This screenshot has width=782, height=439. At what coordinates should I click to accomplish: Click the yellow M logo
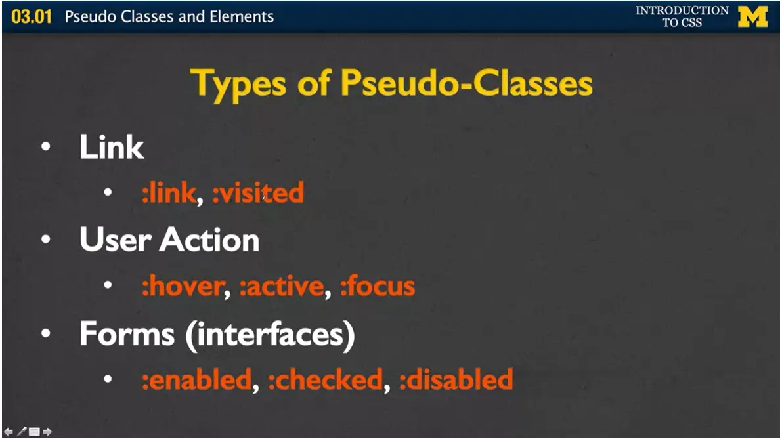pyautogui.click(x=752, y=16)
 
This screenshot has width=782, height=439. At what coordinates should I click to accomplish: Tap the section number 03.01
pyautogui.click(x=32, y=16)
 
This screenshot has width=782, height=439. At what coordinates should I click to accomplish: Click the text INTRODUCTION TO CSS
pyautogui.click(x=682, y=16)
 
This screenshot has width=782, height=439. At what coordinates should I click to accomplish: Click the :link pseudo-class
pyautogui.click(x=168, y=193)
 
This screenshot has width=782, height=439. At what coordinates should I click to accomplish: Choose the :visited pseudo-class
pyautogui.click(x=258, y=193)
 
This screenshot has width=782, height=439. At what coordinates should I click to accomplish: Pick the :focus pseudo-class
pyautogui.click(x=378, y=287)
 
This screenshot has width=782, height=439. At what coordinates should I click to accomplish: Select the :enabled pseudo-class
pyautogui.click(x=196, y=380)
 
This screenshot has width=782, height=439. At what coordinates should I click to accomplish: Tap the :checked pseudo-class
pyautogui.click(x=325, y=380)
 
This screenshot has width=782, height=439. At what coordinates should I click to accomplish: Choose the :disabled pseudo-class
pyautogui.click(x=456, y=380)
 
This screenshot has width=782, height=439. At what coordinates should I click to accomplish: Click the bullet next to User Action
pyautogui.click(x=45, y=240)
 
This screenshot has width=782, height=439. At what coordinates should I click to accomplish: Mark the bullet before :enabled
pyautogui.click(x=108, y=379)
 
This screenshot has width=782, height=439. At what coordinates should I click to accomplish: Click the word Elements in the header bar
pyautogui.click(x=242, y=16)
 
